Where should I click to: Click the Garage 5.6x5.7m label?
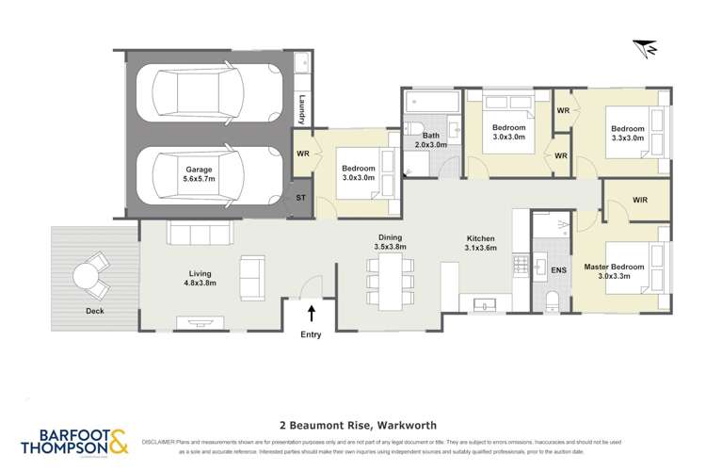tap(199, 175)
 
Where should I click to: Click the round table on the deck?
tap(90, 277)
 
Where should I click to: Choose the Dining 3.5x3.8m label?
tap(393, 242)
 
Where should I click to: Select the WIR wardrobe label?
tap(640, 200)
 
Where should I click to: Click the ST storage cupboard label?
tap(301, 198)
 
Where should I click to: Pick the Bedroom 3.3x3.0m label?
tap(627, 133)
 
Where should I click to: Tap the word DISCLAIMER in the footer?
tap(163, 441)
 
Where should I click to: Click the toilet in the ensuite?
tap(553, 300)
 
